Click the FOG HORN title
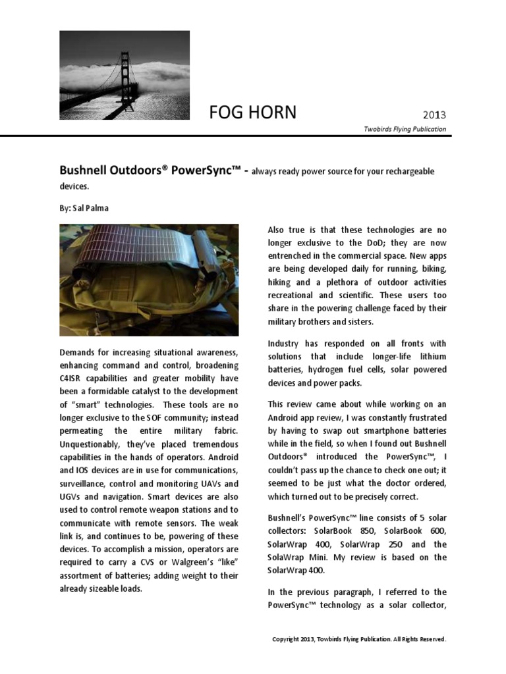coord(252,113)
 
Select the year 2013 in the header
coord(434,116)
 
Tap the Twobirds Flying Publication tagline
coord(405,129)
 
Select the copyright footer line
coord(359,639)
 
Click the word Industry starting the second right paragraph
coord(285,344)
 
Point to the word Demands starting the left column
coord(78,353)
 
